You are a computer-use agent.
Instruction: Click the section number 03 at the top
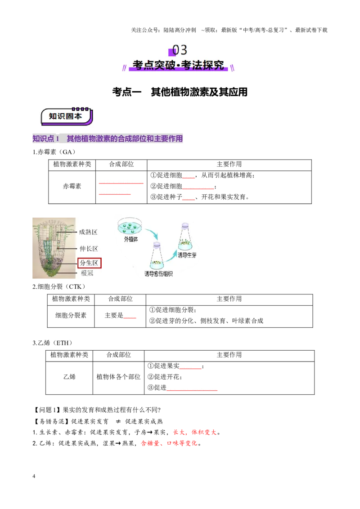pyautogui.click(x=180, y=50)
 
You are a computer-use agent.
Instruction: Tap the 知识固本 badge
pyautogui.click(x=67, y=116)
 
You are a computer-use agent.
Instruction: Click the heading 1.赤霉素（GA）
pyautogui.click(x=54, y=152)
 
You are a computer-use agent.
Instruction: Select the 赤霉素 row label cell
pyautogui.click(x=72, y=186)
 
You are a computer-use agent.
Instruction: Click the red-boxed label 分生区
pyautogui.click(x=90, y=263)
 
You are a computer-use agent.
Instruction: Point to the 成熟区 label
pyautogui.click(x=88, y=232)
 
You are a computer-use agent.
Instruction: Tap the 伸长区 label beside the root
pyautogui.click(x=89, y=249)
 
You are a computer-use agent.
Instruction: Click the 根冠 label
pyautogui.click(x=87, y=273)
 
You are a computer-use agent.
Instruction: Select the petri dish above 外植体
pyautogui.click(x=130, y=226)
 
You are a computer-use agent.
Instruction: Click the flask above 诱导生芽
pyautogui.click(x=185, y=237)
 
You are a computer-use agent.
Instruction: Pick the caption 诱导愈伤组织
pyautogui.click(x=158, y=274)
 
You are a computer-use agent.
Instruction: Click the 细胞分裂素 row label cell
pyautogui.click(x=71, y=316)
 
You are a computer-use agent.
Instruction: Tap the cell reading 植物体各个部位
pyautogui.click(x=119, y=377)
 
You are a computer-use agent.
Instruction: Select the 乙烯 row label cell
pyautogui.click(x=69, y=377)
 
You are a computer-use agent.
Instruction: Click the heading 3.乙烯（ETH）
pyautogui.click(x=52, y=343)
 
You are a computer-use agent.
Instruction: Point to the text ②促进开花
pyautogui.click(x=165, y=377)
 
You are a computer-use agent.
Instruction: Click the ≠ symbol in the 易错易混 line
pyautogui.click(x=118, y=421)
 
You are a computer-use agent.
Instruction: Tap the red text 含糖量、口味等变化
pyautogui.click(x=169, y=443)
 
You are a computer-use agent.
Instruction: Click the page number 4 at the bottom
pyautogui.click(x=34, y=476)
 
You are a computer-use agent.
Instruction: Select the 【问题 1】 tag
pyautogui.click(x=47, y=410)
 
